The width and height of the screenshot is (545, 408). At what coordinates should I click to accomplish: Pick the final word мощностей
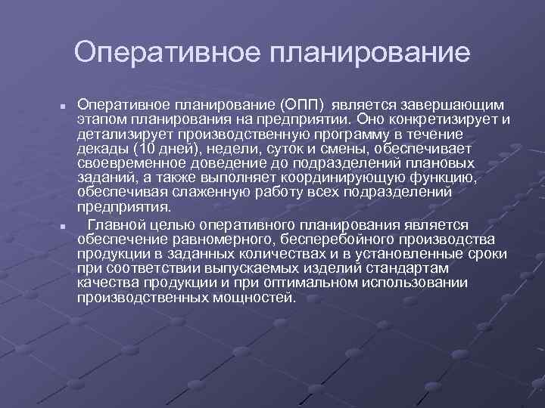click(x=257, y=298)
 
